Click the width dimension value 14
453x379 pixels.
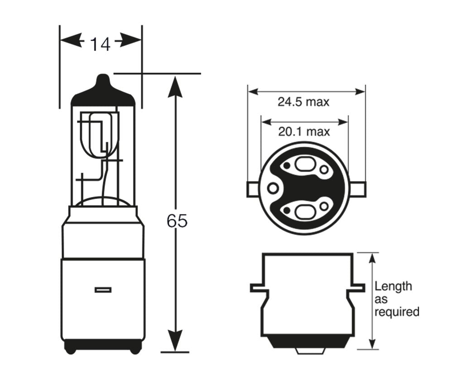[x=100, y=44]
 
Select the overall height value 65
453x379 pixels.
[x=177, y=221]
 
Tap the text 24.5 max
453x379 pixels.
[x=304, y=102]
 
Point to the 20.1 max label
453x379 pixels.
[x=304, y=132]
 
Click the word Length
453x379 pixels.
[x=393, y=286]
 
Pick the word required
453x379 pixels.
[x=396, y=312]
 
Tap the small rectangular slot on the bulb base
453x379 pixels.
[x=103, y=290]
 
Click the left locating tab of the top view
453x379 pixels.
[x=252, y=189]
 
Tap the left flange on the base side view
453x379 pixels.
[x=256, y=288]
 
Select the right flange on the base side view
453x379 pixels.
[x=358, y=288]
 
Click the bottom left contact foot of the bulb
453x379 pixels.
[x=71, y=348]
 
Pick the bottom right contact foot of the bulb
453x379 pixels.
[x=135, y=348]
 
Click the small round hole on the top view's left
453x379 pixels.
[x=272, y=188]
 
